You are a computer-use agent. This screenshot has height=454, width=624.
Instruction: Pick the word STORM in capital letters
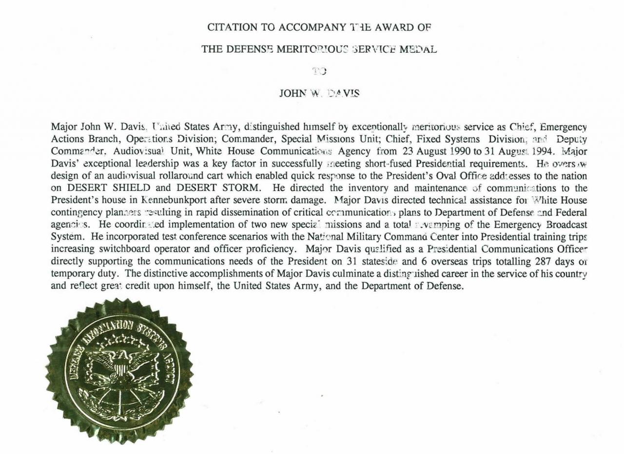click(x=238, y=187)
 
